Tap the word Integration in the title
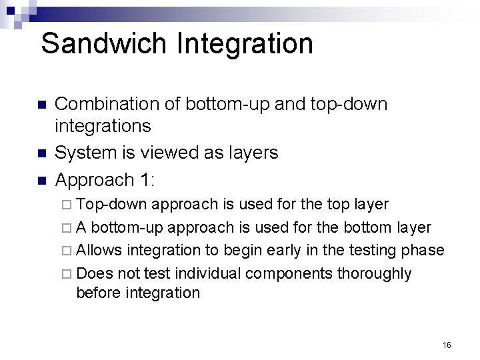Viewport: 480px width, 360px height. click(x=245, y=44)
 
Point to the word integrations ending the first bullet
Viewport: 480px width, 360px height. click(x=103, y=125)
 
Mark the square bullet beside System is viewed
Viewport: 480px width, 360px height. click(x=41, y=153)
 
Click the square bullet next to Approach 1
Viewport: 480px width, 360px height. click(x=41, y=181)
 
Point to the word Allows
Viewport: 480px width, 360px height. click(x=100, y=250)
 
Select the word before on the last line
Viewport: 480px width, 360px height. click(x=99, y=293)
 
